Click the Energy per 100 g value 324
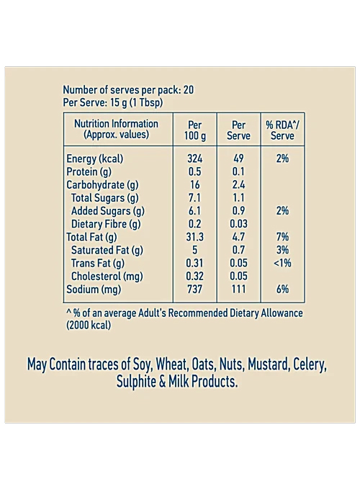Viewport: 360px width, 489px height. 195,158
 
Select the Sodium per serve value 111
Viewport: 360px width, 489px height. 238,289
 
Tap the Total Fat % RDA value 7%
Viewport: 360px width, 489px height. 282,237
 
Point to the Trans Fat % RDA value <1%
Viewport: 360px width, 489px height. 282,263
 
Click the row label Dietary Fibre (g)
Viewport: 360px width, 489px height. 106,224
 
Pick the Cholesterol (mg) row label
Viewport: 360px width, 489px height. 107,277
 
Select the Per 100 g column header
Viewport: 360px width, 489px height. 195,130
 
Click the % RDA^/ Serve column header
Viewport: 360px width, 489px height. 282,130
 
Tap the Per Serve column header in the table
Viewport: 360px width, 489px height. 238,130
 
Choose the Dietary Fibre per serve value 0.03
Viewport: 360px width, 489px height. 239,224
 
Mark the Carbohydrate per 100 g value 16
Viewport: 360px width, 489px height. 195,185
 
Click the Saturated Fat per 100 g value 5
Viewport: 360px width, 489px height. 195,250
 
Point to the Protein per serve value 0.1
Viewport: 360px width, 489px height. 238,172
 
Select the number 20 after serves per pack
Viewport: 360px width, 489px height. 189,90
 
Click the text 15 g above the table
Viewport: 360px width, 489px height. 119,103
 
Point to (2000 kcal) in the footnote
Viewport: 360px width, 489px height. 89,326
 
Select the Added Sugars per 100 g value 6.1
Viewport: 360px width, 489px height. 194,211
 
